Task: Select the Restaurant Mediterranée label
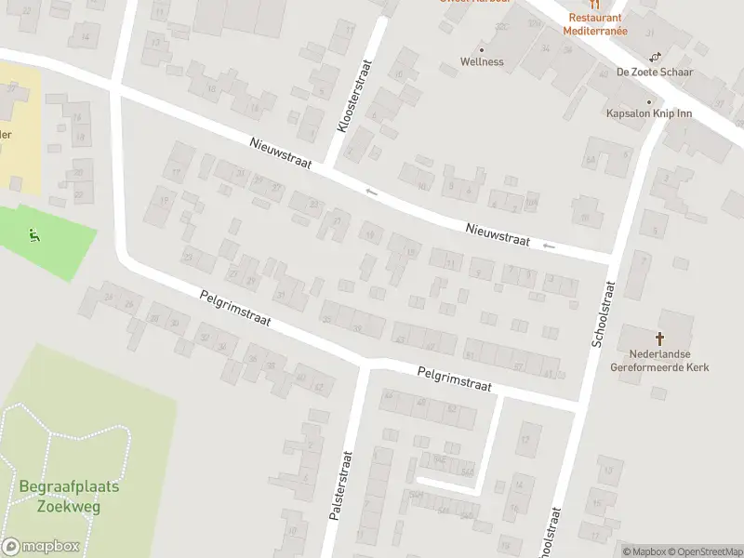[x=595, y=24]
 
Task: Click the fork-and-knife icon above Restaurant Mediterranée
[x=595, y=5]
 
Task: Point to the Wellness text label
[x=482, y=62]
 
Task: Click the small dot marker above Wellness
[x=482, y=49]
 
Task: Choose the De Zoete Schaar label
[x=649, y=72]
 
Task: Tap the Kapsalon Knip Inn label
[x=648, y=113]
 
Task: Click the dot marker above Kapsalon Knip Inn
[x=649, y=101]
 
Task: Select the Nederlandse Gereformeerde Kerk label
[x=660, y=361]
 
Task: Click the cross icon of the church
[x=661, y=340]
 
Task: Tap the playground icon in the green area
[x=34, y=235]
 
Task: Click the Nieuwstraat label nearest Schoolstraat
[x=498, y=233]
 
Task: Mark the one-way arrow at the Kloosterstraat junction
[x=371, y=192]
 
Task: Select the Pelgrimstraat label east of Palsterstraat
[x=455, y=378]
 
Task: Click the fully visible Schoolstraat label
[x=604, y=313]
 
